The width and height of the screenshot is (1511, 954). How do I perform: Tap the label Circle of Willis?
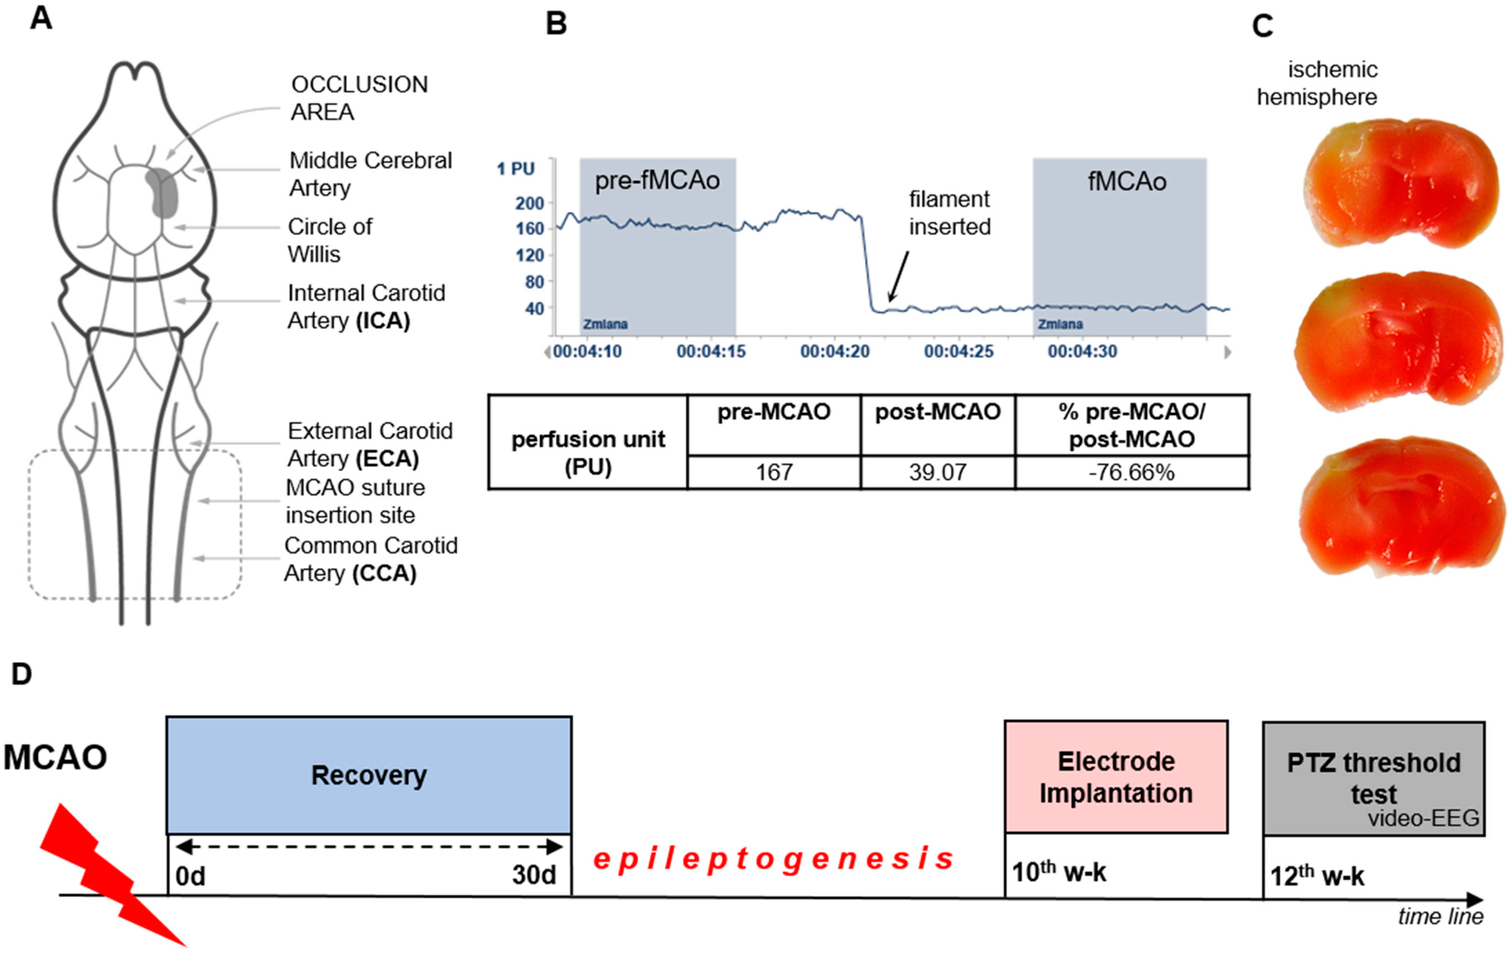pyautogui.click(x=329, y=240)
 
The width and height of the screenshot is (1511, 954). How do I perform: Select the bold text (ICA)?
pyautogui.click(x=383, y=320)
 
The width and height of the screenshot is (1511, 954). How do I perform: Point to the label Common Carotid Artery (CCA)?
pyautogui.click(x=370, y=560)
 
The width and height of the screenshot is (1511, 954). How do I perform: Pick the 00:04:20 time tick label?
pyautogui.click(x=835, y=351)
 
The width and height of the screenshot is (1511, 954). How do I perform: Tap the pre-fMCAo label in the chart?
pyautogui.click(x=657, y=180)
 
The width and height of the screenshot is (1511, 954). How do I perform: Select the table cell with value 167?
pyautogui.click(x=774, y=472)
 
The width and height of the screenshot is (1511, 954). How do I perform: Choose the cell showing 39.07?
pyautogui.click(x=937, y=472)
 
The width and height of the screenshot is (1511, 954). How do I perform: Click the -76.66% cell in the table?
pyautogui.click(x=1131, y=472)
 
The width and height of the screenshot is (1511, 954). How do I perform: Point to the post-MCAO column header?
pyautogui.click(x=937, y=412)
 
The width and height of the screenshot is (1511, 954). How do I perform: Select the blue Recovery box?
pyautogui.click(x=369, y=775)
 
